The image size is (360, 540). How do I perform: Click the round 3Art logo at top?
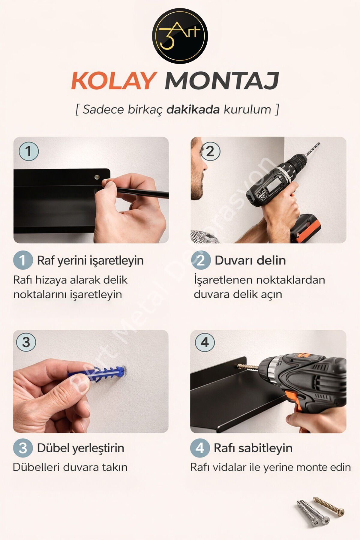[180, 36]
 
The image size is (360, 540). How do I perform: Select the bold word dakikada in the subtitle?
[193, 109]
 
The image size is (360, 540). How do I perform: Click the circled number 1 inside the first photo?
[29, 151]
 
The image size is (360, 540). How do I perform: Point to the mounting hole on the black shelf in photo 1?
[97, 177]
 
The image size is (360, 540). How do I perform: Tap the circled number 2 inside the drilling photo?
[210, 151]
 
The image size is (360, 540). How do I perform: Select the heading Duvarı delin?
[250, 260]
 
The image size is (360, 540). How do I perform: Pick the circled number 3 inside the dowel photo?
[26, 342]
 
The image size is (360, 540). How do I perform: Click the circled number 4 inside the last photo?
[205, 342]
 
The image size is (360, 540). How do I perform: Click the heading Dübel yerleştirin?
[81, 448]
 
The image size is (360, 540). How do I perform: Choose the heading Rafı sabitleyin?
[253, 448]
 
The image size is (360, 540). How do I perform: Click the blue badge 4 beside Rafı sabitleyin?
[200, 448]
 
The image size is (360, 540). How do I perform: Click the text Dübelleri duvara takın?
[70, 467]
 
